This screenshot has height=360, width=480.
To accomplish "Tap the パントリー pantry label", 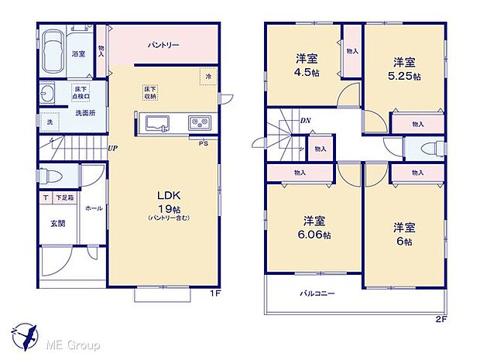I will click(x=164, y=46).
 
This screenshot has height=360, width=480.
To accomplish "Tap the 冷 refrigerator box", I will click(x=208, y=77).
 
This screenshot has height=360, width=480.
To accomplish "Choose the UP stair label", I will click(x=113, y=149).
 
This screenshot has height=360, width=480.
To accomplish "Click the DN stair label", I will click(x=305, y=121).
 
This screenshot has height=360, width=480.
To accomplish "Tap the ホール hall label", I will click(x=94, y=208).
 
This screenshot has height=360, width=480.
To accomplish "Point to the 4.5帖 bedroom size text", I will click(x=307, y=74).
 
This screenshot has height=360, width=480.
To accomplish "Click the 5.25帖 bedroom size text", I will click(x=405, y=77).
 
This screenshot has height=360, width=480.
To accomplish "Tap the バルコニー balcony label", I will click(x=318, y=293).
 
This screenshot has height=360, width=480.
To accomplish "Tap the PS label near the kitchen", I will click(x=203, y=144).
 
